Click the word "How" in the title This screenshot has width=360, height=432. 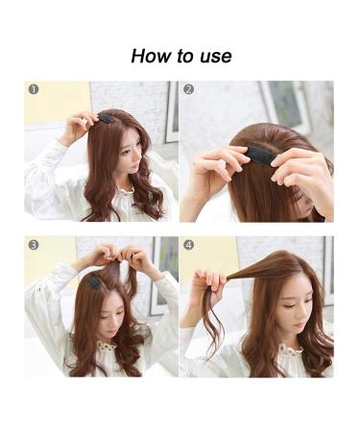click(152, 56)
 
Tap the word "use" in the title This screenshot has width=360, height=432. click(212, 57)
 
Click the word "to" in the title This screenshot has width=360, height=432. click(183, 56)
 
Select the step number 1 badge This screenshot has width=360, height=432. click(34, 89)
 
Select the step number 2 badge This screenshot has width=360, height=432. click(189, 89)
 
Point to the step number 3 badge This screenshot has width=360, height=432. click(34, 245)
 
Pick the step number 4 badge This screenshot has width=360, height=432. click(189, 245)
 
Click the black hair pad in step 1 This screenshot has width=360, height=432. click(106, 118)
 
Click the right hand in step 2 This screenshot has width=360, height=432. click(298, 163)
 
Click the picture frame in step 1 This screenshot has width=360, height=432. click(171, 110)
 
